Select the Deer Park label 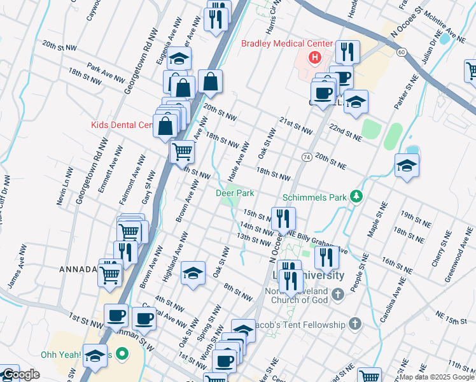(235, 192)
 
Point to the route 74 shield (307, 157)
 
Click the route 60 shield (400, 52)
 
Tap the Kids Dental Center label (121, 125)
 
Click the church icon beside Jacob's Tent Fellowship (355, 325)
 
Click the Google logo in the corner (20, 374)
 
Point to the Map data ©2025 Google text (437, 377)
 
